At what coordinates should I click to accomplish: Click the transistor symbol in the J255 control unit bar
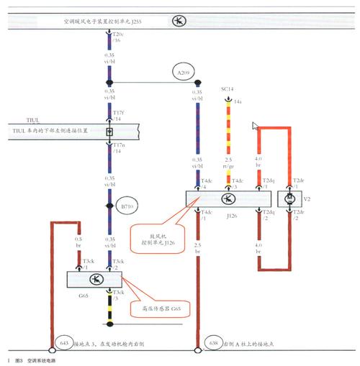coord(178,22)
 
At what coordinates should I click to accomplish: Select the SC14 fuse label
coord(227,89)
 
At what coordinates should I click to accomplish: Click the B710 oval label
coord(127,206)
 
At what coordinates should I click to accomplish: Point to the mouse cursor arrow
coord(255,127)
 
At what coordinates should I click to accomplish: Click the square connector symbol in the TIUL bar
coord(109,132)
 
